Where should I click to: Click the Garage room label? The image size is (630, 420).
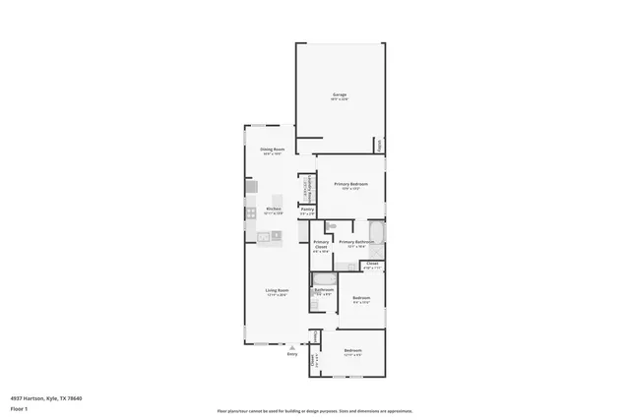click(x=339, y=95)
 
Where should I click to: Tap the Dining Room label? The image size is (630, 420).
click(x=273, y=150)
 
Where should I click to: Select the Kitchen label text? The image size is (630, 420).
click(x=274, y=210)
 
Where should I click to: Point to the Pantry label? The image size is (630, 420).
click(x=307, y=210)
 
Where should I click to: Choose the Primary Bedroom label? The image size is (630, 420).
click(x=350, y=184)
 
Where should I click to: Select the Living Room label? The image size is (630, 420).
click(x=276, y=290)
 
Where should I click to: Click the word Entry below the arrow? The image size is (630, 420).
click(x=291, y=354)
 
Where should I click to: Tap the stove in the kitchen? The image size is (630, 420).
click(x=252, y=211)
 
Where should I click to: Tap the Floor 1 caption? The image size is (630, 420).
click(x=18, y=407)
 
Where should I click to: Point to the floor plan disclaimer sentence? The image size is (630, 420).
click(x=314, y=410)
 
